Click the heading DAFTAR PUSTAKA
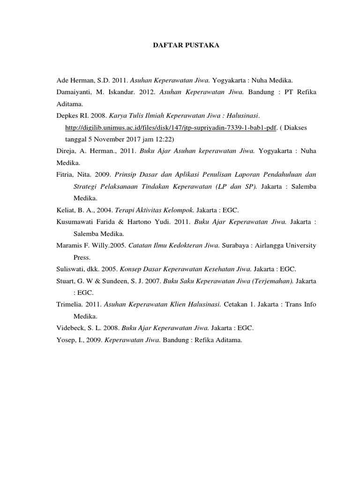(180, 45)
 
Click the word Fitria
(65, 174)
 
